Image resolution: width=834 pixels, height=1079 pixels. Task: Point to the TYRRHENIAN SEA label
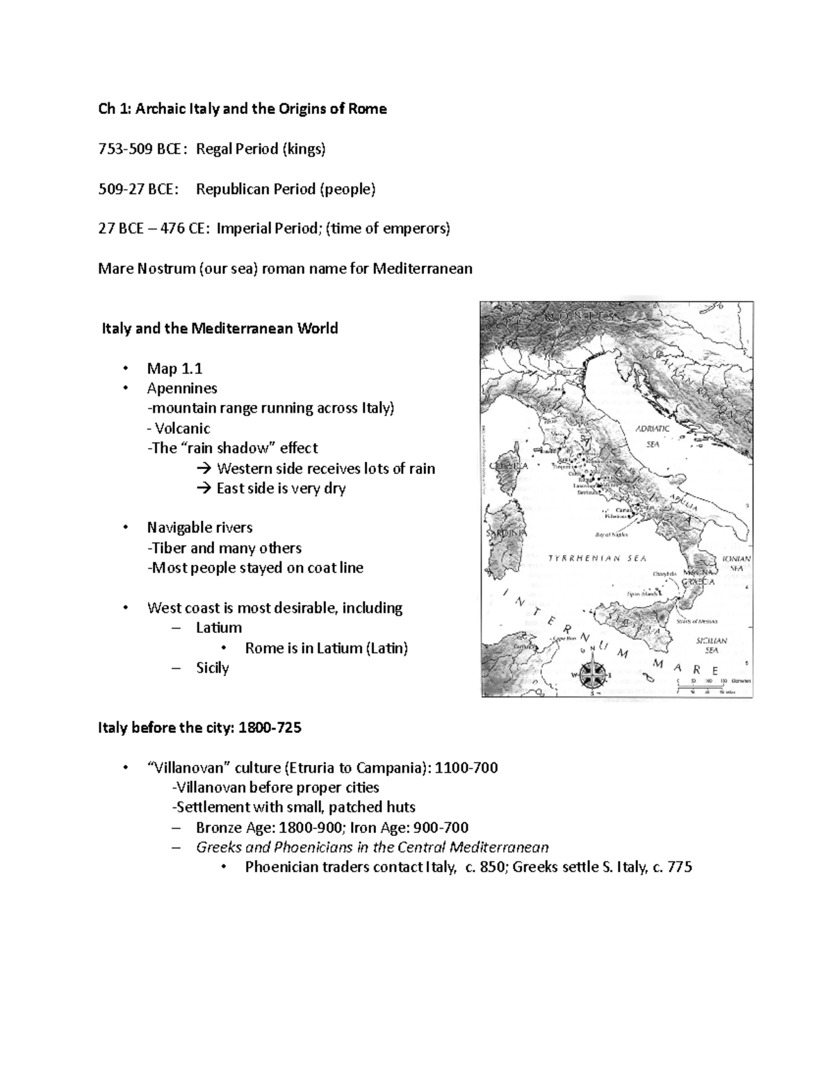tap(597, 558)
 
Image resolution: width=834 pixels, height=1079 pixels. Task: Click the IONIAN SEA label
tap(736, 563)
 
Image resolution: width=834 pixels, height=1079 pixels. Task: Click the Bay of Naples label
tap(612, 534)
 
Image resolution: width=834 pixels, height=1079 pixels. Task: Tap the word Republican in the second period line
tap(229, 189)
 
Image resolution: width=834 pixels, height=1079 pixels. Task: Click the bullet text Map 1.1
tap(174, 368)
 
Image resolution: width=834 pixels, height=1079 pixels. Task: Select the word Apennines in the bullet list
tap(182, 388)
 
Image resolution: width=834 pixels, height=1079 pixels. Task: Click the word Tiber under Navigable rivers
tap(169, 547)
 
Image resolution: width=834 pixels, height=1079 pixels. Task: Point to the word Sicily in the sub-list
tap(212, 668)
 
